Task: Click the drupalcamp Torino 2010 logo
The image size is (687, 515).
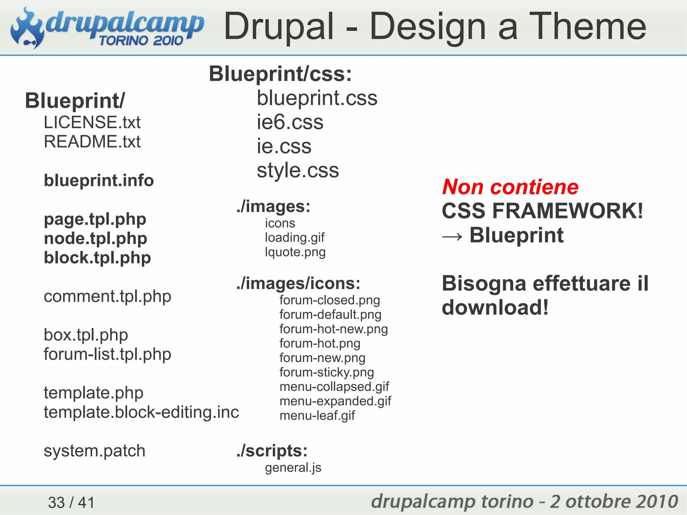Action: pos(107,29)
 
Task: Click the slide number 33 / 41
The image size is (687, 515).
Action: pos(71,503)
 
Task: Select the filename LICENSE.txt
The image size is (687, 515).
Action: pos(92,122)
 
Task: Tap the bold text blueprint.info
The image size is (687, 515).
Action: pos(99,181)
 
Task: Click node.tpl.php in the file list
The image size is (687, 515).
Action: pos(95,239)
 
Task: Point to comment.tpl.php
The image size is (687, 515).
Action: pos(107,297)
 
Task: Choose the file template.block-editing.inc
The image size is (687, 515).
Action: pos(141,412)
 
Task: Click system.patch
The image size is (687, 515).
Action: pos(94,451)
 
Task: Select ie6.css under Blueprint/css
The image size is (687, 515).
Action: pos(290,122)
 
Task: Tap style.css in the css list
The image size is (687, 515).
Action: pos(298,170)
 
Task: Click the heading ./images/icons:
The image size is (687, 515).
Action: pos(298,284)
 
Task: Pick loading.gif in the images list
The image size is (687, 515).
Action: pos(295,238)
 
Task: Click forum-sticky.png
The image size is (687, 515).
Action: pos(326,372)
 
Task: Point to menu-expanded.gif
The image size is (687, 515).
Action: pos(335,401)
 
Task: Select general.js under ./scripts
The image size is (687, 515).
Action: pos(293,468)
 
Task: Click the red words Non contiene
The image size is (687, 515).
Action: pos(510,187)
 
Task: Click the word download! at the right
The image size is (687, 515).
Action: pos(495,308)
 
